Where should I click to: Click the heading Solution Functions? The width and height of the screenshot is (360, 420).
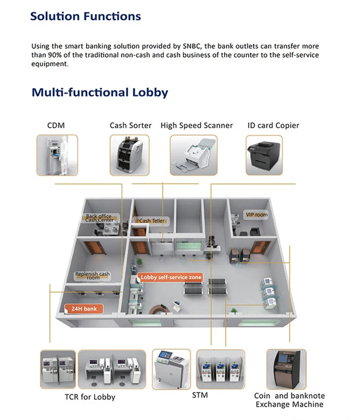coord(85,16)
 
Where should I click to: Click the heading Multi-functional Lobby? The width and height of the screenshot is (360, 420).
coord(99,92)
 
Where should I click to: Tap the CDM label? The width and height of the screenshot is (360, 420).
coord(56,125)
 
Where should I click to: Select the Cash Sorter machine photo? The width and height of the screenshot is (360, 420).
coord(130,155)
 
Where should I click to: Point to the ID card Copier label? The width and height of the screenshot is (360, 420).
coord(273,125)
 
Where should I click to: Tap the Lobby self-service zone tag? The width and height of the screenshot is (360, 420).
coord(171,278)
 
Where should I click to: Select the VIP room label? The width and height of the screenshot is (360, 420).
coord(256,215)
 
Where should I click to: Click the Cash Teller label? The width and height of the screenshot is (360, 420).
coord(152,221)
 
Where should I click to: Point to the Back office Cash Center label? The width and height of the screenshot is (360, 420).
coord(99,218)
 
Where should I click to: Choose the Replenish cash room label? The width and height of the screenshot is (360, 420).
coord(92,276)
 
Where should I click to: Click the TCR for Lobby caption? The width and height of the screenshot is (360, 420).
coord(89,397)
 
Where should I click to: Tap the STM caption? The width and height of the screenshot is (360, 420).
coord(200,396)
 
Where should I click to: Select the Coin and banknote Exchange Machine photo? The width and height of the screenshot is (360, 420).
coord(286,369)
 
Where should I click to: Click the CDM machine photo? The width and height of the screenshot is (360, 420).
coord(57,155)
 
